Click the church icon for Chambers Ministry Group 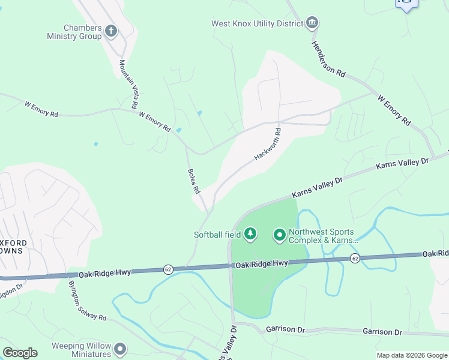[x=110, y=31]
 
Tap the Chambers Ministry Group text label [x=74, y=32]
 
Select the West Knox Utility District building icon [x=312, y=23]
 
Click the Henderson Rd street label [x=328, y=59]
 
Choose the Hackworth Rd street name [x=268, y=145]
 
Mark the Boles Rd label [x=193, y=180]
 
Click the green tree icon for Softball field [x=250, y=234]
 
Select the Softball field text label [x=217, y=235]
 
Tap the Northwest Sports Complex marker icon [x=279, y=235]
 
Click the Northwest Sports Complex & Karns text [x=323, y=236]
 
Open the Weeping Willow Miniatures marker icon [x=121, y=349]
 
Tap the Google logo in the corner [x=20, y=353]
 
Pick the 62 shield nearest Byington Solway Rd [x=168, y=269]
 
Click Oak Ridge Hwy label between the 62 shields [x=262, y=264]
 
